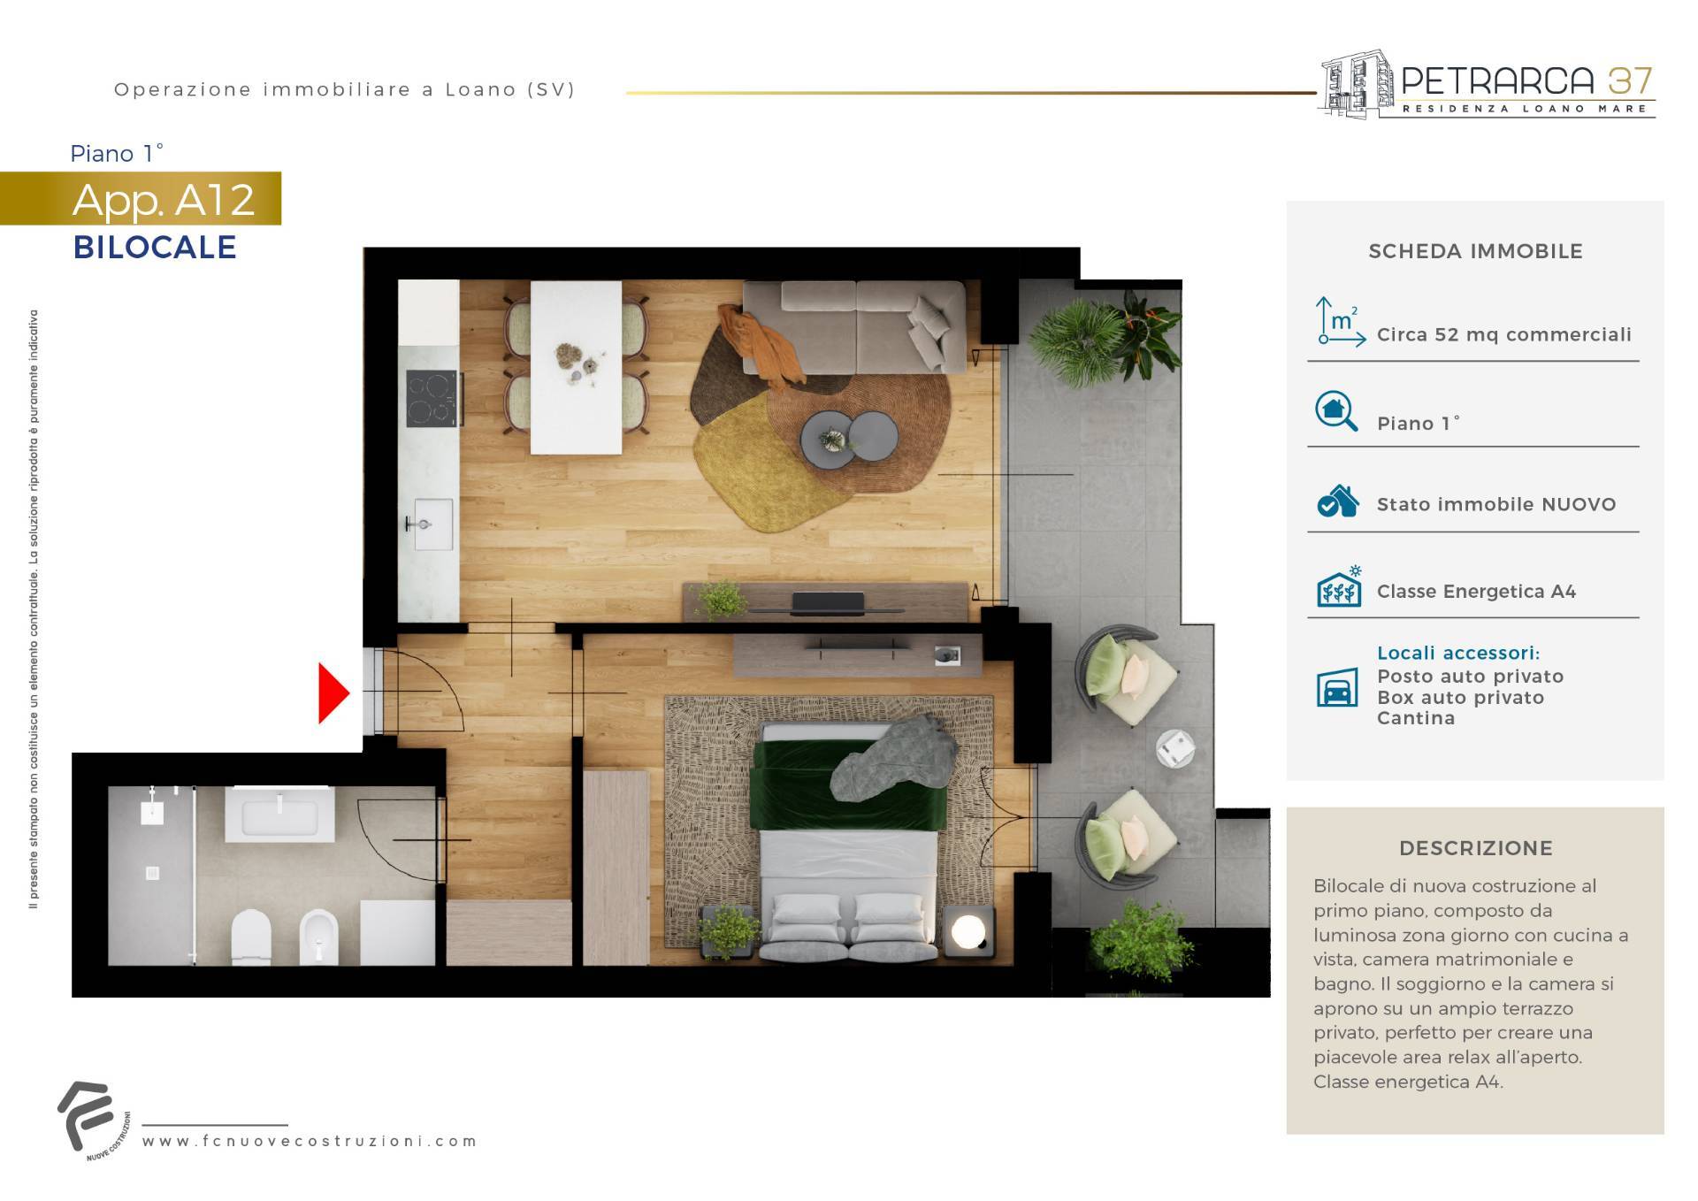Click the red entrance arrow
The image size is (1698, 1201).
click(333, 693)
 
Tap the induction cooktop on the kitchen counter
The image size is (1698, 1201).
click(432, 398)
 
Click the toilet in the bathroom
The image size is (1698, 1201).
click(250, 937)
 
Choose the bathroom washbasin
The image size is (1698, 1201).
click(279, 815)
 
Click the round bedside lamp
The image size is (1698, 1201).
click(968, 930)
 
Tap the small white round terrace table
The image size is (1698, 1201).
click(1175, 748)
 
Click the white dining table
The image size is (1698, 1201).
click(576, 367)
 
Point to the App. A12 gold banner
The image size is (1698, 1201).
click(141, 199)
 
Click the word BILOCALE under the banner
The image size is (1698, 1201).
click(155, 248)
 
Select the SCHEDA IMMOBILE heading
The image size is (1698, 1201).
click(1475, 251)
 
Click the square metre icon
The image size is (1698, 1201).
click(1340, 321)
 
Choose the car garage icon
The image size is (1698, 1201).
click(1337, 688)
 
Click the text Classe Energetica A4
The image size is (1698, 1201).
click(1476, 592)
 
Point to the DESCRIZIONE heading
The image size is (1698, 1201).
click(1475, 848)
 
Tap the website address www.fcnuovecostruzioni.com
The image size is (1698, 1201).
click(310, 1141)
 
